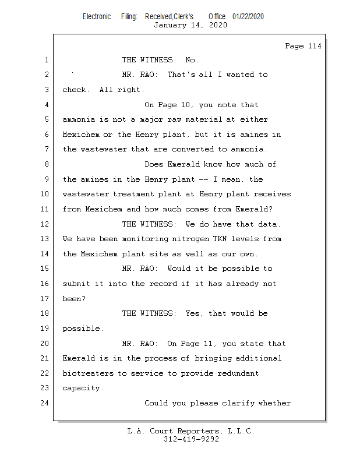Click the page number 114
[x=315, y=46]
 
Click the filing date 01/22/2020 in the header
[x=248, y=17]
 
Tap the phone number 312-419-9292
[x=191, y=439]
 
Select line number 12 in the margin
[x=45, y=224]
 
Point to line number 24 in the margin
[x=45, y=403]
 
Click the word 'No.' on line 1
[x=192, y=60]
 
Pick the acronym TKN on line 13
[x=220, y=239]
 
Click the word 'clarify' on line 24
[x=238, y=403]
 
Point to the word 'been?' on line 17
[x=74, y=298]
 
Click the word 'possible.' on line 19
[x=83, y=329]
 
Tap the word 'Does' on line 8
[x=154, y=164]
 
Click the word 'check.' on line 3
[x=76, y=90]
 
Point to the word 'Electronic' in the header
[x=97, y=17]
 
